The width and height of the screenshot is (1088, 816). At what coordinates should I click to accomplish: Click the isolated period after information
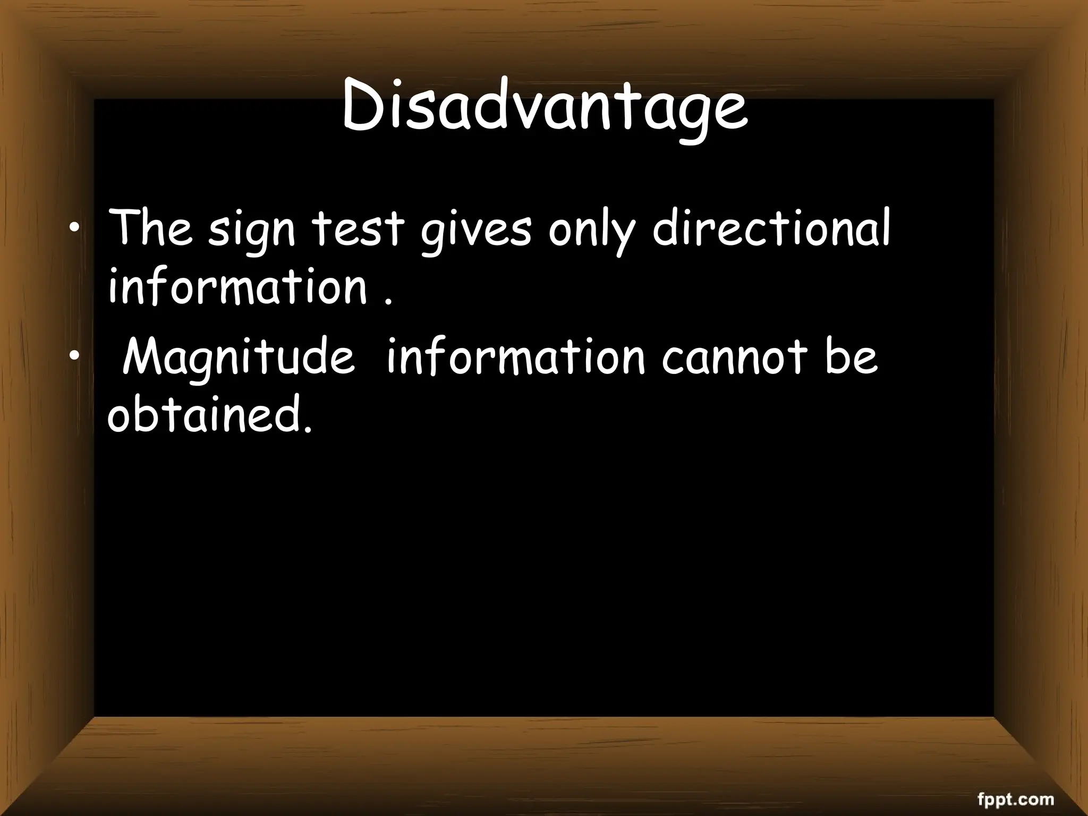point(389,303)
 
